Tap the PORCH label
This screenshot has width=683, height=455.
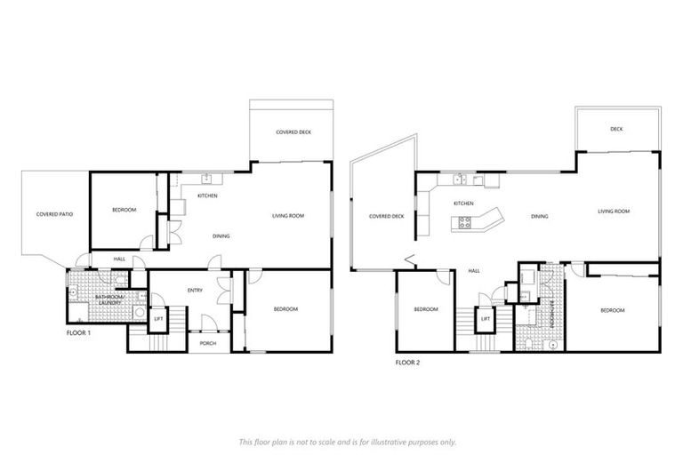208,342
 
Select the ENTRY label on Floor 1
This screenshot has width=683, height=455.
195,291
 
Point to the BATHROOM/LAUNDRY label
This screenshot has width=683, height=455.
110,300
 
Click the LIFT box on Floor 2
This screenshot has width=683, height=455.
486,318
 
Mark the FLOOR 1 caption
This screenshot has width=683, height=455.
80,332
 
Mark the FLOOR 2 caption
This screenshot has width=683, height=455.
407,363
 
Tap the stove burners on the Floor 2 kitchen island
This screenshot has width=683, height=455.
464,222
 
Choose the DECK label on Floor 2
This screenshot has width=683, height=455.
616,130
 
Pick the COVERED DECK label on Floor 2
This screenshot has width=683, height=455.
386,215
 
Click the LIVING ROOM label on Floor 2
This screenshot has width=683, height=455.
614,212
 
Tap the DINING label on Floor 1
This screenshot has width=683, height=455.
221,235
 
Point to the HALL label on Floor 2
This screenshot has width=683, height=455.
474,270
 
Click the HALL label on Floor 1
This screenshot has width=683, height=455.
119,259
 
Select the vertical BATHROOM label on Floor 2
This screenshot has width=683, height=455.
552,314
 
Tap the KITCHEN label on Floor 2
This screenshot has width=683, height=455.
463,204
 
